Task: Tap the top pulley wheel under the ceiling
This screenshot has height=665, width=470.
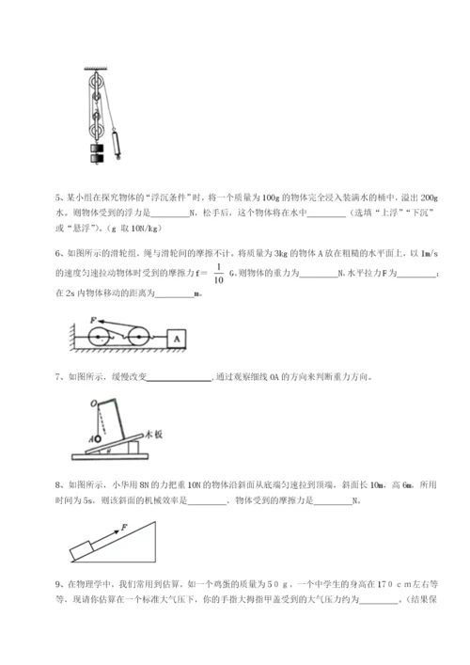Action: [94, 87]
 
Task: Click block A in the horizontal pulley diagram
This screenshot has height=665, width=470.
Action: [175, 336]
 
